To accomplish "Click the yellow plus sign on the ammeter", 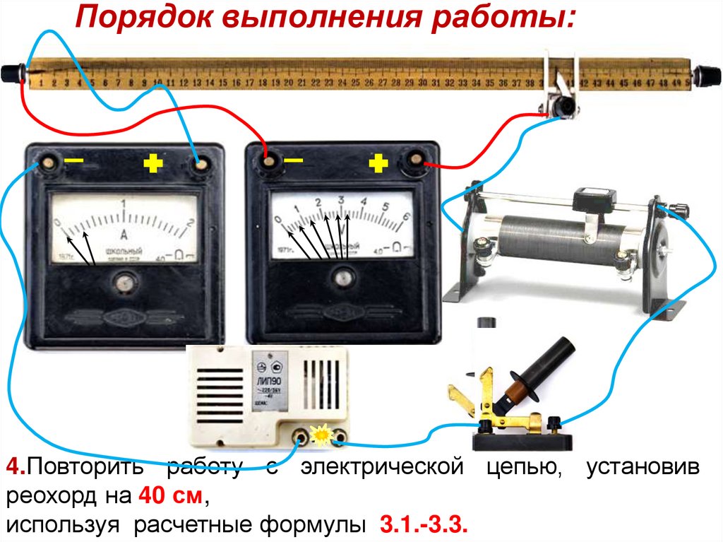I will pos(153,164).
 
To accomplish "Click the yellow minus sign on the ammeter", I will pos(73,162).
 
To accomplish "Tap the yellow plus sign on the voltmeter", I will pos(378,164).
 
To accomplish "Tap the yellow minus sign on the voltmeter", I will pos(293,162).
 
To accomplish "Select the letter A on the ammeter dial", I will pos(124,235).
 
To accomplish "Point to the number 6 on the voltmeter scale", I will pos(406,218).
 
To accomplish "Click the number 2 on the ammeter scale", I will pos(189,224).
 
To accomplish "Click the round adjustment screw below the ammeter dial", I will pos(125,284).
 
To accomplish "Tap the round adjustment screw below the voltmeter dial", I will pos(344,277).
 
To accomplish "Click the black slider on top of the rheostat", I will pos(591,200).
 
